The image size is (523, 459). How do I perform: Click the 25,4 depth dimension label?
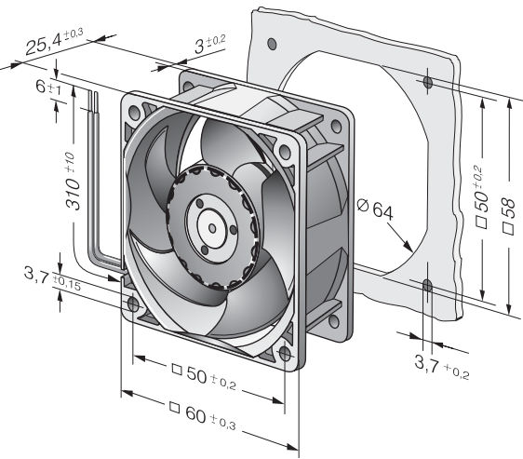(54, 42)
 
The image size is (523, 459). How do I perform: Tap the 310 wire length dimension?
(74, 182)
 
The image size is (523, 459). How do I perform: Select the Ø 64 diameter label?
(375, 209)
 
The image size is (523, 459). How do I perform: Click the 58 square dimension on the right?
(509, 216)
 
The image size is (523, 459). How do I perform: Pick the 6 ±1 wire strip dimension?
(48, 88)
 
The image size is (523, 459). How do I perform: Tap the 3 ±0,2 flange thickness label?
(210, 44)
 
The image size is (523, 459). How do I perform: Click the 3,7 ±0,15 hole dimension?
(52, 279)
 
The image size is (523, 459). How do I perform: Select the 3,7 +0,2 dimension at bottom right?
(442, 366)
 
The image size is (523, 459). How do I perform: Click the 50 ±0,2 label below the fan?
(204, 376)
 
